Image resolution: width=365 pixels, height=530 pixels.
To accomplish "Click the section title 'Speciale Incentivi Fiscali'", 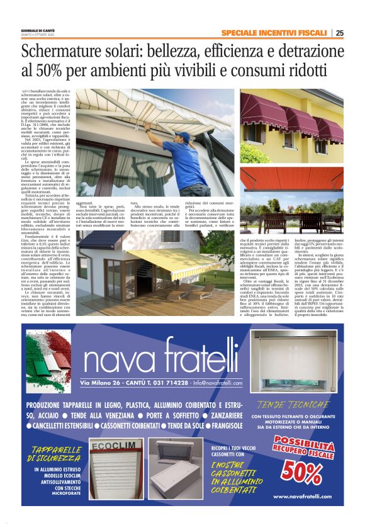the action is (274, 33).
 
